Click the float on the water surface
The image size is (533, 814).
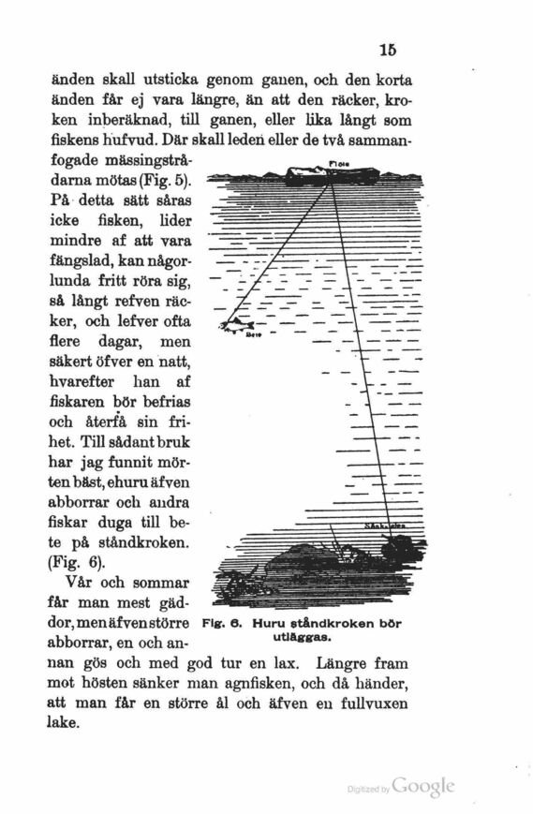tap(306, 172)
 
